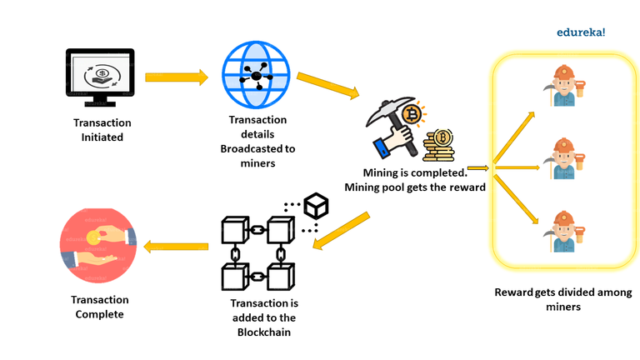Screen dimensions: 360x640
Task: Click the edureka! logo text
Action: (x=581, y=32)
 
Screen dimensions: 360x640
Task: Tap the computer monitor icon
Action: (x=101, y=78)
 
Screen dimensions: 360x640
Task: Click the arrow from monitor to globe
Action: (x=176, y=77)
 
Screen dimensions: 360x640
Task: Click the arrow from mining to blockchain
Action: (x=342, y=229)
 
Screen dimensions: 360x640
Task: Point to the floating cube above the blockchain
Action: (x=316, y=205)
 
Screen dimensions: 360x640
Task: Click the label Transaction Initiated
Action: (x=102, y=130)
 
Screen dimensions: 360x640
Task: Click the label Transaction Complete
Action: (x=100, y=307)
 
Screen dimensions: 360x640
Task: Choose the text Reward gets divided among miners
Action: (x=563, y=299)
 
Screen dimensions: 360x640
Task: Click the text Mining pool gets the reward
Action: (x=415, y=186)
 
